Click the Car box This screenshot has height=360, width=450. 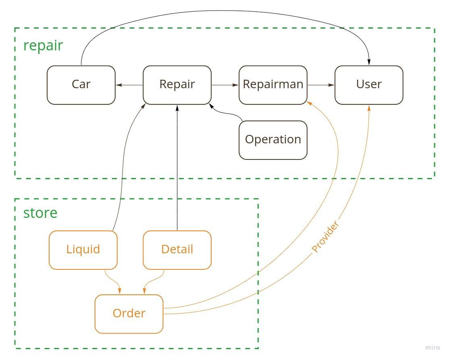[x=81, y=85]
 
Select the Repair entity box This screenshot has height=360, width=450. [x=177, y=85]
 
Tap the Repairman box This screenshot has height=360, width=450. [x=273, y=85]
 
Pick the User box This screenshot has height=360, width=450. [x=369, y=85]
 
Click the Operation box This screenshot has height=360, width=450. [x=273, y=140]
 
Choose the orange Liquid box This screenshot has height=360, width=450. [x=83, y=250]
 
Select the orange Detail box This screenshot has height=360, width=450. [x=177, y=250]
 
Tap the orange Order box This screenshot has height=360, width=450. [x=129, y=314]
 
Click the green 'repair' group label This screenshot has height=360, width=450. [x=43, y=46]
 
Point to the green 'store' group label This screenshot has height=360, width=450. [x=40, y=213]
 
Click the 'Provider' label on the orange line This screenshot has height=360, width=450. [x=325, y=237]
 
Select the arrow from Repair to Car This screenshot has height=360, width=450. [x=129, y=85]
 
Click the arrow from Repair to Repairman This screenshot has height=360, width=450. [x=225, y=85]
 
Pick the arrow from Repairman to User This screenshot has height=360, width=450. [x=321, y=85]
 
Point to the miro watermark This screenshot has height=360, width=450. [x=432, y=348]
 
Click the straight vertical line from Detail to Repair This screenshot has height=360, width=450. [x=177, y=169]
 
